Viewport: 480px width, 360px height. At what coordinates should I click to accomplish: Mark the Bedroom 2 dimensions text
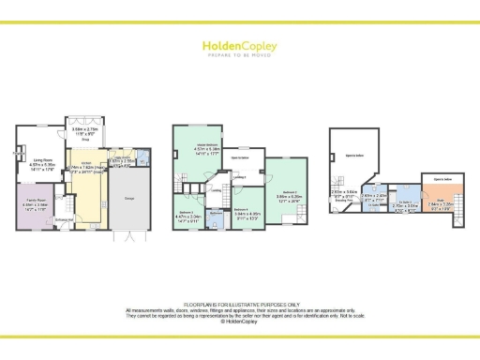pos(187,217)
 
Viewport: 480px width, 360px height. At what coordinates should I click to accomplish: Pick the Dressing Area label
pos(343,199)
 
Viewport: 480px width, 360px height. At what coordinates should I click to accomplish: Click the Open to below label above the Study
pos(442,177)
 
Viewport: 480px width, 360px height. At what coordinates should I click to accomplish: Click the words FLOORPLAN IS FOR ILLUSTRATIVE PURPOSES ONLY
pos(240,303)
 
